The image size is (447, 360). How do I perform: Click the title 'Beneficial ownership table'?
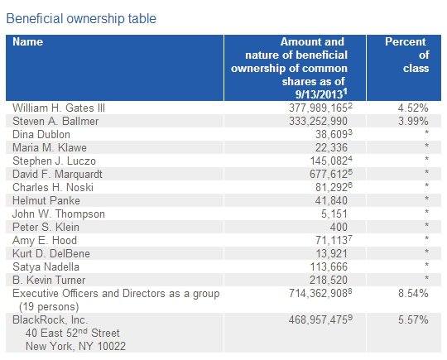(x=81, y=19)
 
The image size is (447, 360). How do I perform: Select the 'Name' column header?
(x=27, y=42)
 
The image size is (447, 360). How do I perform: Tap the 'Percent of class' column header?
(x=407, y=55)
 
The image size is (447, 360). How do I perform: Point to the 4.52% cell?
(x=413, y=108)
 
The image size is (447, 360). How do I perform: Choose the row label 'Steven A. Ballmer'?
(x=55, y=121)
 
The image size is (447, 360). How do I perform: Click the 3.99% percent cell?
(x=413, y=121)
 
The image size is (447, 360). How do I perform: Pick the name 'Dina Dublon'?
(x=41, y=135)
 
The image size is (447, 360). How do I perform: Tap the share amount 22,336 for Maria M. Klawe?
(x=331, y=147)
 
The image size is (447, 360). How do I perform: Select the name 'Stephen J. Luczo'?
(x=54, y=161)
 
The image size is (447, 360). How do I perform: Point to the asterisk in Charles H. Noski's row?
(x=426, y=185)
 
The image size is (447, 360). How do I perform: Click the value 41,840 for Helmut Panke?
(x=331, y=200)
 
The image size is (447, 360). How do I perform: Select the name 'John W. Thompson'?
(x=59, y=214)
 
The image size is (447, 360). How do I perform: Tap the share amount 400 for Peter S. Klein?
(x=339, y=228)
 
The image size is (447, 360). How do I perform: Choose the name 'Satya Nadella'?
(x=46, y=267)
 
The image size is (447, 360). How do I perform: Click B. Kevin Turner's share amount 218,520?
(x=329, y=281)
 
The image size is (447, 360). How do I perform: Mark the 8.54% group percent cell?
(x=413, y=293)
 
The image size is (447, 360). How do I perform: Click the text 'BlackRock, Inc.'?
(x=50, y=319)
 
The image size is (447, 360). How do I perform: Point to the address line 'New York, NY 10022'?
(x=75, y=346)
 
